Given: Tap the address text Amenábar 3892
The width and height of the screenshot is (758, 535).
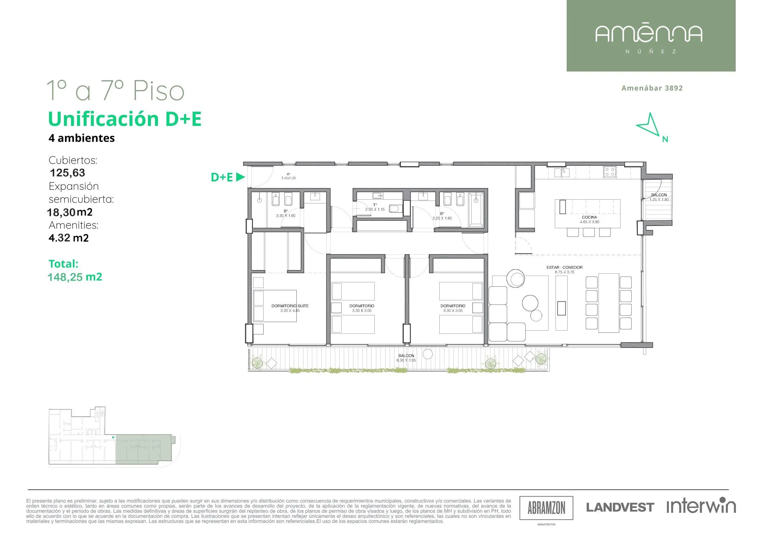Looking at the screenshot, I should pyautogui.click(x=652, y=88).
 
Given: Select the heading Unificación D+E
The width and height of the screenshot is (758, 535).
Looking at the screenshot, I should pyautogui.click(x=125, y=119).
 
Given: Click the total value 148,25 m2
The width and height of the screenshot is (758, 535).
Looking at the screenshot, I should pyautogui.click(x=75, y=277).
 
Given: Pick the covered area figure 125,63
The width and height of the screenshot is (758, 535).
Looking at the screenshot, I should pyautogui.click(x=67, y=173).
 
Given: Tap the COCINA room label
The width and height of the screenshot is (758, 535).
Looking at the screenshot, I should pyautogui.click(x=589, y=217).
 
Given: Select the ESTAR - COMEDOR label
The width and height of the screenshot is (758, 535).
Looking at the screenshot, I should pyautogui.click(x=564, y=268).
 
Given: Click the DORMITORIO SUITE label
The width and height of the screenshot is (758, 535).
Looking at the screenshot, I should pyautogui.click(x=290, y=306).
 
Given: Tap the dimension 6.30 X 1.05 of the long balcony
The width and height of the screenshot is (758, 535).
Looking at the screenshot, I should pyautogui.click(x=406, y=360).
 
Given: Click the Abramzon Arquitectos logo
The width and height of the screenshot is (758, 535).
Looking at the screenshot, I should pyautogui.click(x=546, y=508).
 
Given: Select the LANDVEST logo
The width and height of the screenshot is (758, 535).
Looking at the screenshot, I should pyautogui.click(x=620, y=507).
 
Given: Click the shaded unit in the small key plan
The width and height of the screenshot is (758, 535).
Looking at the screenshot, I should pyautogui.click(x=143, y=449).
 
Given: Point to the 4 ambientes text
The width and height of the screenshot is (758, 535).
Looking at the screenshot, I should pyautogui.click(x=81, y=138).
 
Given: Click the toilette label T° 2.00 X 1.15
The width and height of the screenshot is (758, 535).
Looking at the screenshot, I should pyautogui.click(x=375, y=207).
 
